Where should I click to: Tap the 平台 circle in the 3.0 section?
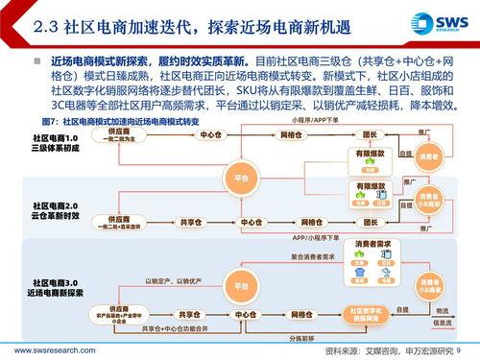tap(237, 284)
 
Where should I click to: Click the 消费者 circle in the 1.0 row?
tap(428, 156)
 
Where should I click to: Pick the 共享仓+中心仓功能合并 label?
tap(171, 329)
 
